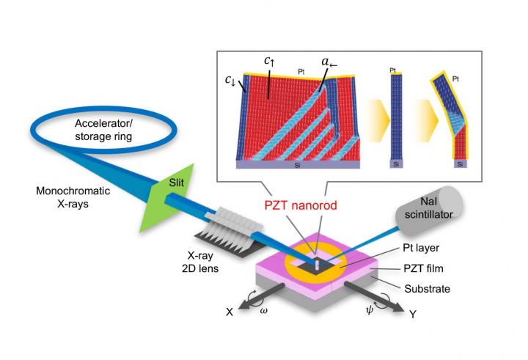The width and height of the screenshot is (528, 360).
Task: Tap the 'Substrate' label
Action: click(425, 288)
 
